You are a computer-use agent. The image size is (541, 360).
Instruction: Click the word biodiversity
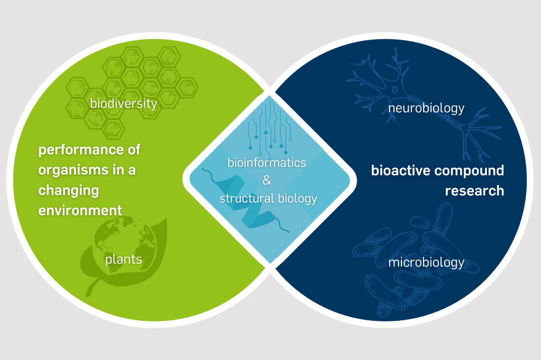123,103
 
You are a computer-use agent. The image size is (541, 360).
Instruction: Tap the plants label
123,259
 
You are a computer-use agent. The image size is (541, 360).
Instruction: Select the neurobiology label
426,108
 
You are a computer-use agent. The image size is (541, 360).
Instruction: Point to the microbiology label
426,262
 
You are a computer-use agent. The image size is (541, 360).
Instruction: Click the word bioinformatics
266,162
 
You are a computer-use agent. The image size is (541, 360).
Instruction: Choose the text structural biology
268,198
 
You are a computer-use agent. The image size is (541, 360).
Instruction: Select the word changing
69,191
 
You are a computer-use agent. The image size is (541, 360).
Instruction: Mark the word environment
80,210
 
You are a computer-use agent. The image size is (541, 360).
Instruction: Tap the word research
474,191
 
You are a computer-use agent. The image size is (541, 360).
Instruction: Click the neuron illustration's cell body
394,90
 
